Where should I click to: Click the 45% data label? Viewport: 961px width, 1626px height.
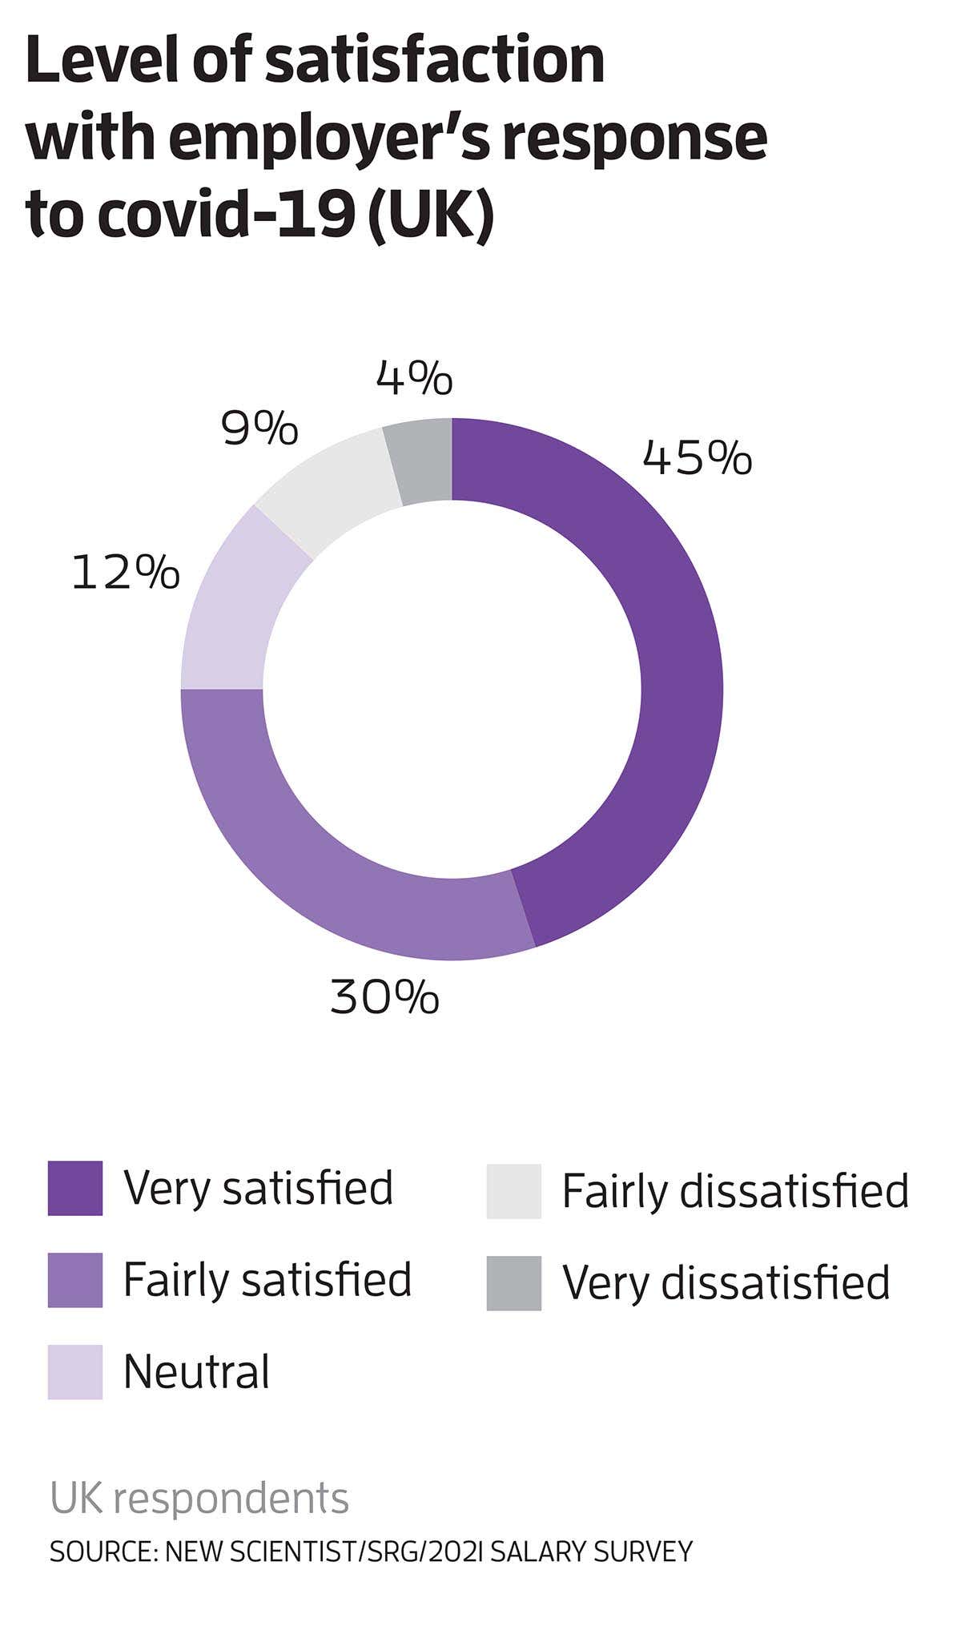tap(697, 458)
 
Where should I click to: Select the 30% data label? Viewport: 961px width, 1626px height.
tap(384, 998)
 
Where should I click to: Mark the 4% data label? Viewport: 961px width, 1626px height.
tap(414, 378)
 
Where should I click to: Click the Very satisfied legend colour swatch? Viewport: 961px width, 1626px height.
tap(75, 1188)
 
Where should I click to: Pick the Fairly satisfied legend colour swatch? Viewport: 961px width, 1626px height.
tap(75, 1280)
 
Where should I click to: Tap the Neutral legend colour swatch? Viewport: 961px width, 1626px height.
tap(75, 1372)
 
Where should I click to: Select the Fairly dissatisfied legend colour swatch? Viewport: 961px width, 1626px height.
tap(513, 1191)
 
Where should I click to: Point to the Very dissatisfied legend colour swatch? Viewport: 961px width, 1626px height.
tap(513, 1283)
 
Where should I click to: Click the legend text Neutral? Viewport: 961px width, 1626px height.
tap(196, 1371)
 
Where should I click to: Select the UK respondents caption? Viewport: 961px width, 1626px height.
tap(199, 1498)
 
